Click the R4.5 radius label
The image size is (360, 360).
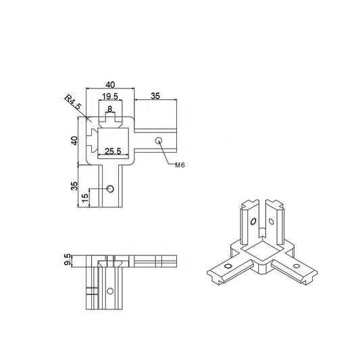tap(74, 103)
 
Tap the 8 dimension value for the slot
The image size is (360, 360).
tap(110, 108)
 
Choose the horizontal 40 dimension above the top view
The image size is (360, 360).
tap(110, 84)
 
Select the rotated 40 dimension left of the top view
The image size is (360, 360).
tap(76, 140)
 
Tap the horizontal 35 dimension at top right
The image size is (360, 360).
tap(155, 97)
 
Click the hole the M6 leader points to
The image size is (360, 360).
tap(158, 141)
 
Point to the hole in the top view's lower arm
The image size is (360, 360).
tap(111, 188)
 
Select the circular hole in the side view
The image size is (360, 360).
tap(108, 292)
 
